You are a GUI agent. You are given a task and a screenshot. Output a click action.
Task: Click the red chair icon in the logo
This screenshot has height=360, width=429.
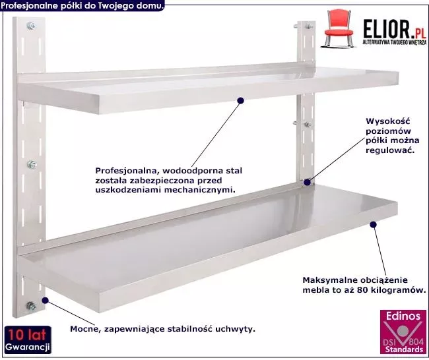point(339,29)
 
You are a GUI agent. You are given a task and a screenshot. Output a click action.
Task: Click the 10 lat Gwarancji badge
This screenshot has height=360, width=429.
point(28,340)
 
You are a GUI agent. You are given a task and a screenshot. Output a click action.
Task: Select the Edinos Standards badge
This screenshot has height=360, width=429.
point(403,332)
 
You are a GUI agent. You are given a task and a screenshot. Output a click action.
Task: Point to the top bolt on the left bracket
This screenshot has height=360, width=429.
point(31,26)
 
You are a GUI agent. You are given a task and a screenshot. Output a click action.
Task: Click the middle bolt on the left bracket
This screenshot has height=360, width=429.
point(32,165)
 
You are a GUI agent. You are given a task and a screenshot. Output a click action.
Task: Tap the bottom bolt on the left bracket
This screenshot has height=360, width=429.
point(31,306)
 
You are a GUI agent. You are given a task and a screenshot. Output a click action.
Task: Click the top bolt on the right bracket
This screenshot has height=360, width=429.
point(309,27)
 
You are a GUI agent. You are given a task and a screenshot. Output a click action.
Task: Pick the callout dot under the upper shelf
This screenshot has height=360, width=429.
point(240,101)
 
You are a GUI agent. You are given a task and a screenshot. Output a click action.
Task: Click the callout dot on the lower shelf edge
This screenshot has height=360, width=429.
point(373,225)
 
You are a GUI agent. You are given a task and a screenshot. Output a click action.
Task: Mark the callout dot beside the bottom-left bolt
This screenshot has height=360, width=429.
point(45,301)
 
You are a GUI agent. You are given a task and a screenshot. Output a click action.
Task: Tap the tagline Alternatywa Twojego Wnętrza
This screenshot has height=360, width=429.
point(394,42)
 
